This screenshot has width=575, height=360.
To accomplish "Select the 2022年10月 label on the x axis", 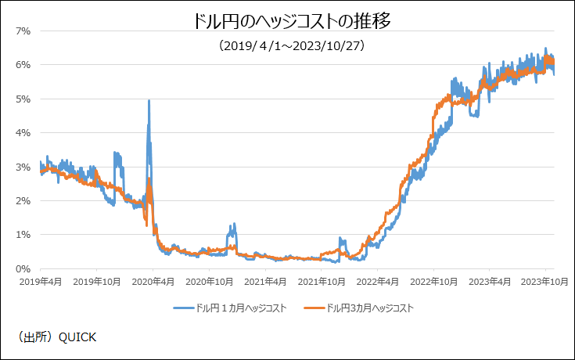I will [434, 280].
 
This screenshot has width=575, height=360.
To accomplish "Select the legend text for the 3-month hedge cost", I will [369, 308].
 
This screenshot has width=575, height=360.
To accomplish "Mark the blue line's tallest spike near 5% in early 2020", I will [149, 101].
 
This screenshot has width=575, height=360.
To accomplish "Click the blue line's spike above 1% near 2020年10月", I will [232, 225].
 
